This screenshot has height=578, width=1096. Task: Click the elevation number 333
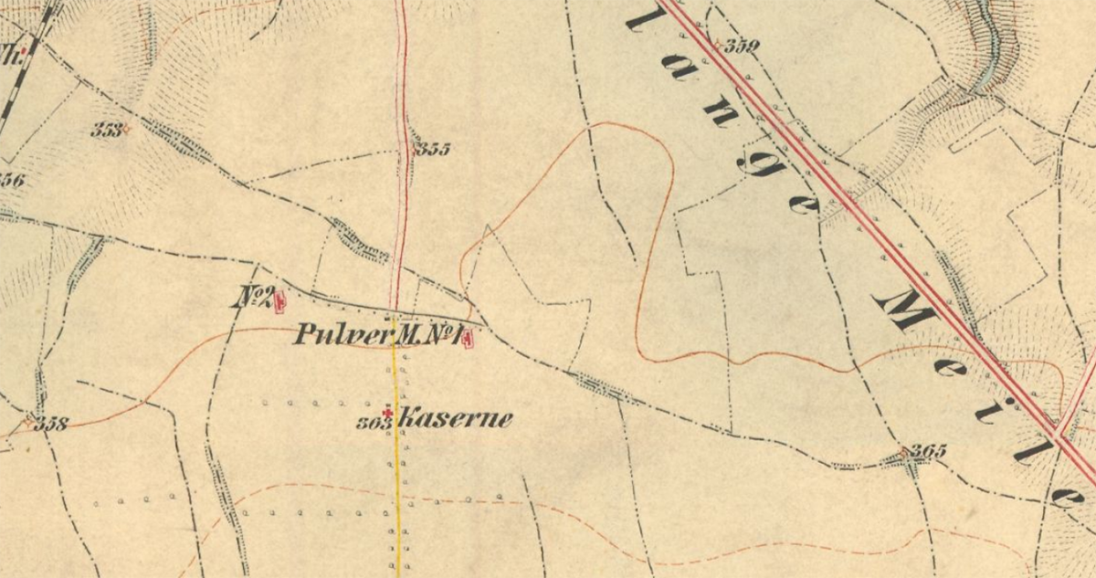(x=106, y=130)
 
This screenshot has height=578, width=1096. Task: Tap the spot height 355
(x=432, y=149)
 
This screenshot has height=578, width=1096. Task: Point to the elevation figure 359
(x=742, y=47)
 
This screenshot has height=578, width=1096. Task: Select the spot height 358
(x=51, y=425)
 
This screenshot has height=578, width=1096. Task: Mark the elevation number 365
(x=928, y=450)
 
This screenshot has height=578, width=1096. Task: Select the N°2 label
(x=255, y=297)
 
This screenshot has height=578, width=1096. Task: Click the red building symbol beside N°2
(x=279, y=299)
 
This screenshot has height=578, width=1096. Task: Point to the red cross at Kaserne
(x=388, y=415)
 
